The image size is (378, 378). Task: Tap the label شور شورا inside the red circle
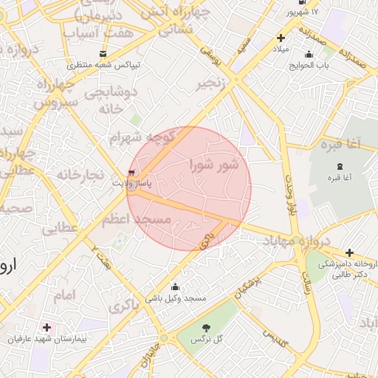214,165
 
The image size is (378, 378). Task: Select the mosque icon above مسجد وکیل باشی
175,287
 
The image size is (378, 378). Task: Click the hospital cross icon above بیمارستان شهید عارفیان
47,327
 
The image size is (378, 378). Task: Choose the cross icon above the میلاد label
281,38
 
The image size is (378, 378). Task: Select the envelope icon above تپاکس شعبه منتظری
103,54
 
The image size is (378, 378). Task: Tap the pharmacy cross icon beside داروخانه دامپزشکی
349,252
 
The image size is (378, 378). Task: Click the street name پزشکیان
248,289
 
